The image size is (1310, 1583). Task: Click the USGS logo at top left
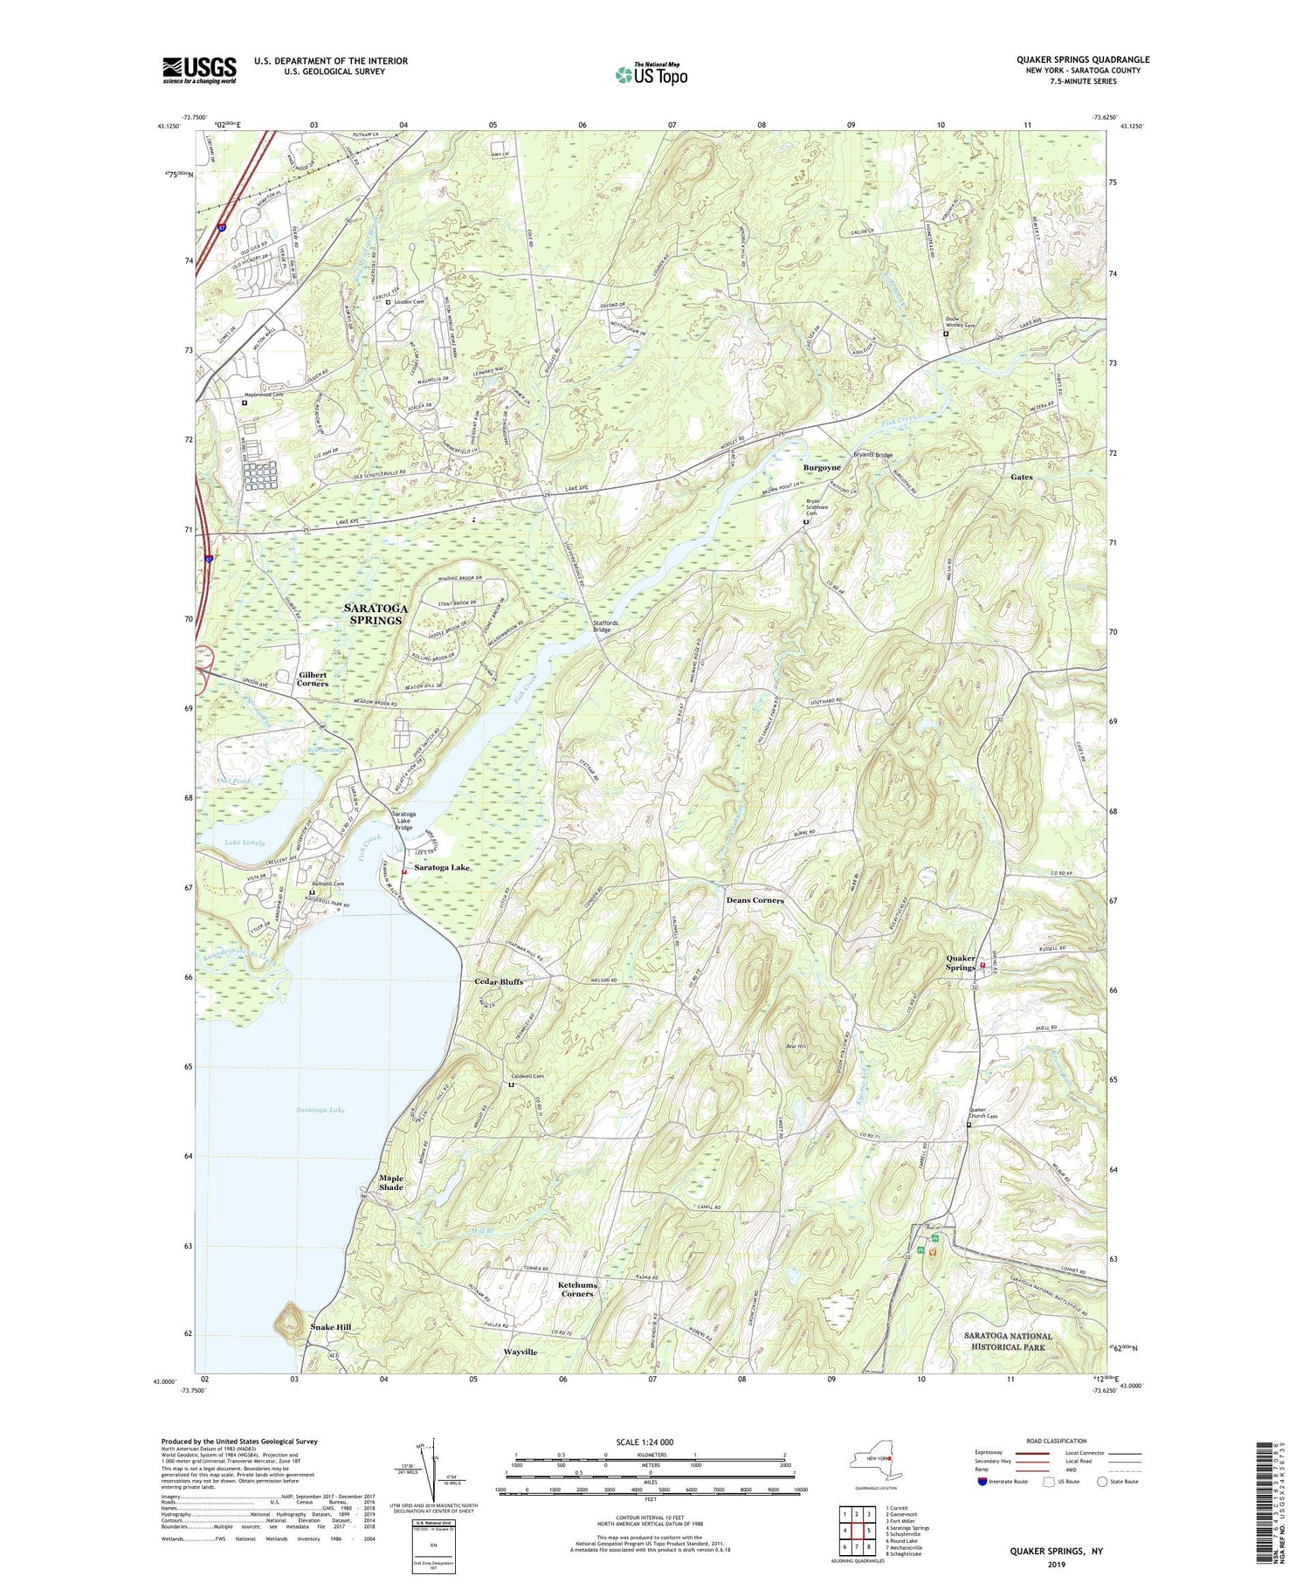click(x=199, y=70)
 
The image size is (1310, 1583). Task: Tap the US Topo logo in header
click(x=651, y=75)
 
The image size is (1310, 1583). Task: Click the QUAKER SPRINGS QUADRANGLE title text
click(x=1082, y=60)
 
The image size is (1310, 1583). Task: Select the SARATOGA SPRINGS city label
click(x=373, y=614)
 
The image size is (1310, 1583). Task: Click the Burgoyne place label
click(x=822, y=468)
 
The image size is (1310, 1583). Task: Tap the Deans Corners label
click(x=755, y=900)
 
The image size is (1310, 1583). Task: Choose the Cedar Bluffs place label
click(x=499, y=982)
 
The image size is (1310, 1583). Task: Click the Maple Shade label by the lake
click(x=391, y=1183)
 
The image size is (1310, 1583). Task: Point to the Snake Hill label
click(x=331, y=1327)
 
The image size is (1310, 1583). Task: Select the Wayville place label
click(x=521, y=1352)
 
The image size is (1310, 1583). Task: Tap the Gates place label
click(x=1021, y=478)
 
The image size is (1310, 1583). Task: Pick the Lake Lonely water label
click(x=245, y=843)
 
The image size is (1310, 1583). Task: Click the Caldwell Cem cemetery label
click(x=527, y=1077)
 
